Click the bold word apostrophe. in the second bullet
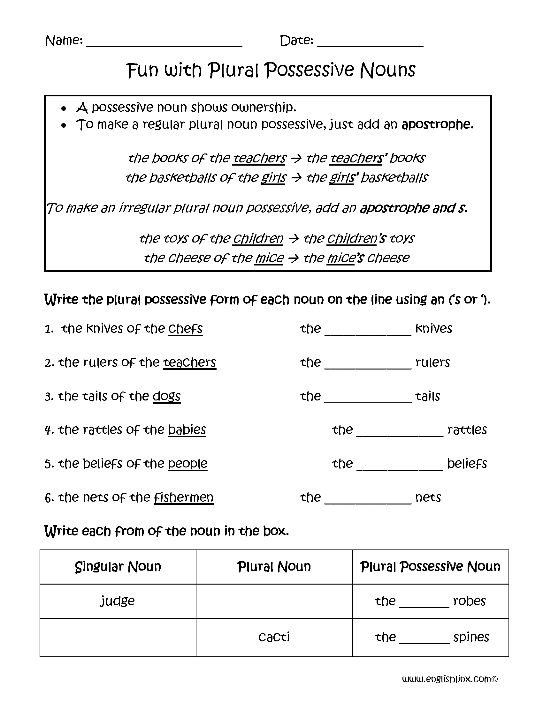438,124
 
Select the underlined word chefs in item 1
185,329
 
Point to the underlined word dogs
166,396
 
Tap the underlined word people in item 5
187,464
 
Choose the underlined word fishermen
183,497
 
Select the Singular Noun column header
118,567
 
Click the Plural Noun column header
274,567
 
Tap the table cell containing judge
118,601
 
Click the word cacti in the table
274,637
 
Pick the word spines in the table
471,637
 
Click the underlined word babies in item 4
187,430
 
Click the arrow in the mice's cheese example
293,258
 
